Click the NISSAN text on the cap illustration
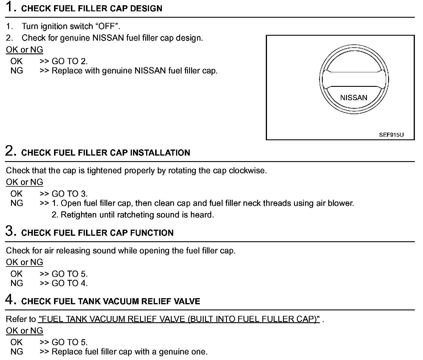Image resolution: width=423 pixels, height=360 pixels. tap(354, 98)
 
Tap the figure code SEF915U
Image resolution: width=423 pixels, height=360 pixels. tap(391, 135)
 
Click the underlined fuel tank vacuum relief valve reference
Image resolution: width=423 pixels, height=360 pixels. tap(179, 319)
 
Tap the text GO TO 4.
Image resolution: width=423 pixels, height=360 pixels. tap(69, 283)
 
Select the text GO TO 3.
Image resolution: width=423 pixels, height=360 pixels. tap(69, 194)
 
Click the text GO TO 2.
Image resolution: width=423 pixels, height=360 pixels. tap(69, 61)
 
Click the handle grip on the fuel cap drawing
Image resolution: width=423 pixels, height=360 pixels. tap(354, 79)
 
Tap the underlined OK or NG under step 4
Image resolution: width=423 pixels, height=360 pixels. tap(24, 331)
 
